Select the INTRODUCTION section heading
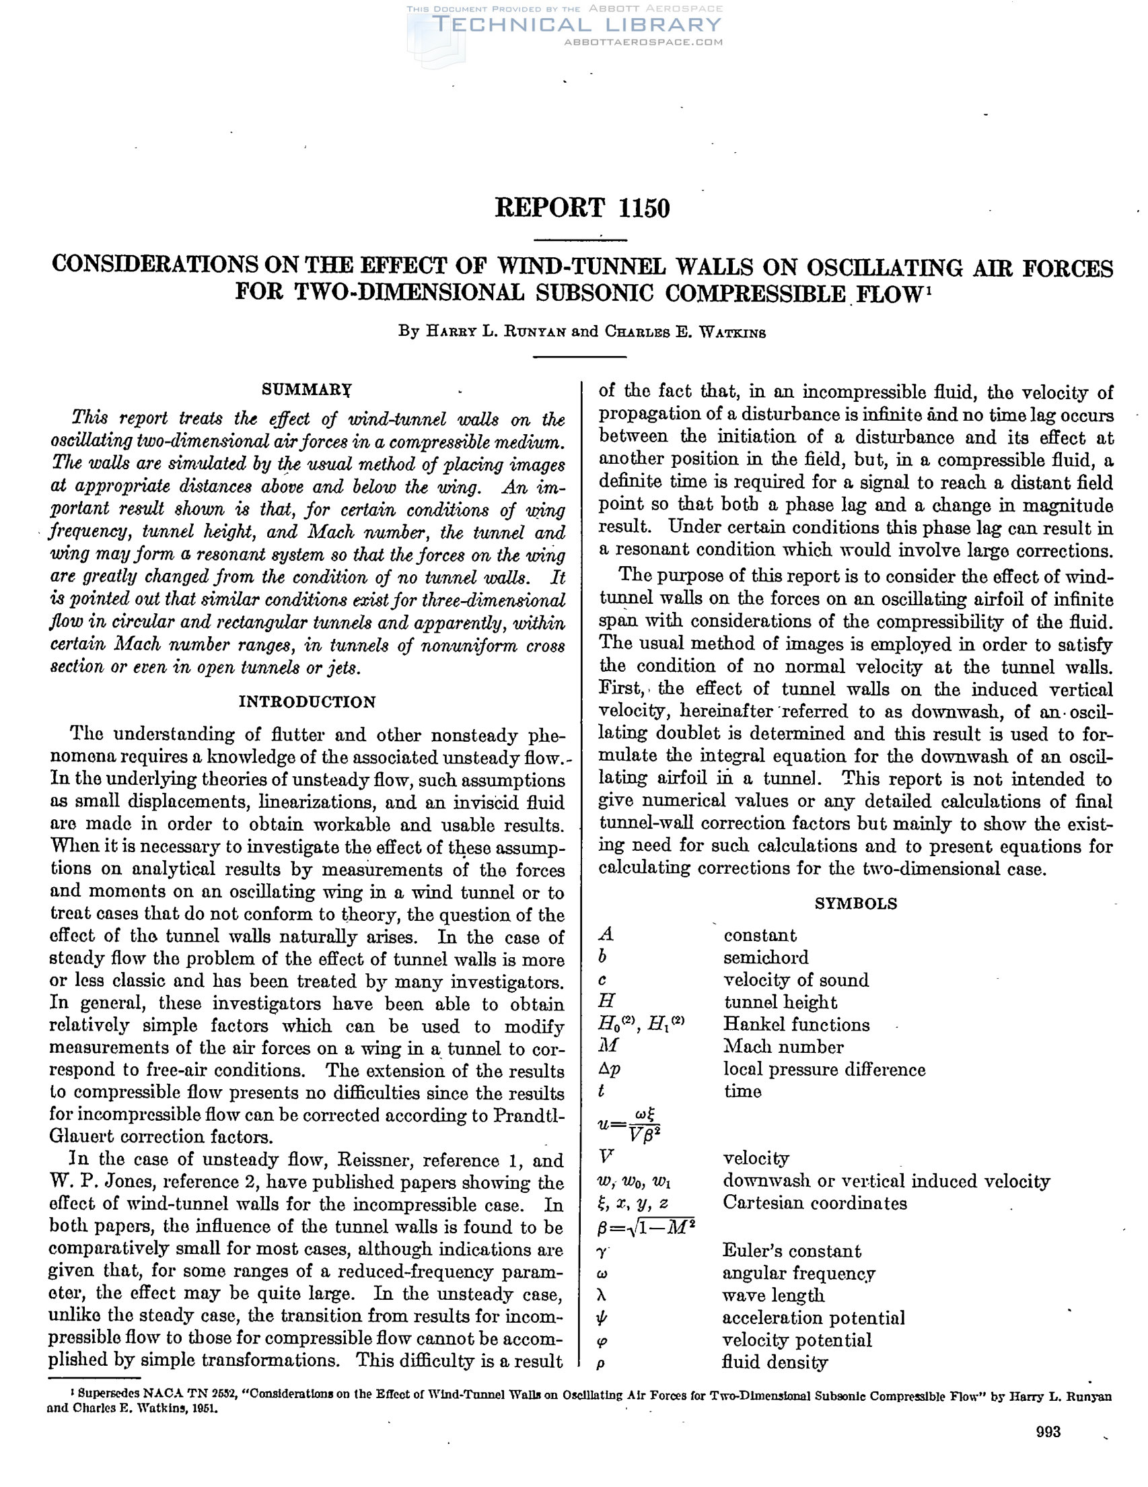pos(307,702)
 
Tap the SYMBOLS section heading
pos(856,903)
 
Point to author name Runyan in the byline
pos(528,333)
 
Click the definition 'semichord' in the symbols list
pos(766,957)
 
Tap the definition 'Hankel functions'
pos(796,1025)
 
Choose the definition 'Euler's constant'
pos(791,1251)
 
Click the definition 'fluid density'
pos(775,1362)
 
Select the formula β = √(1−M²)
pos(646,1227)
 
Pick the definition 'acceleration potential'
pos(813,1318)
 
